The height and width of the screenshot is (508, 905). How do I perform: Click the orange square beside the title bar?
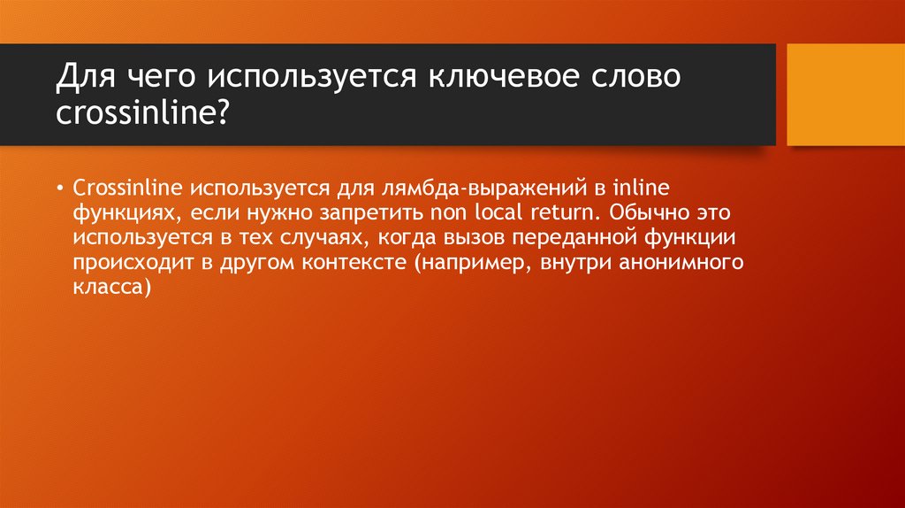point(845,94)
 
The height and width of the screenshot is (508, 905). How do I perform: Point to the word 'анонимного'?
point(688,264)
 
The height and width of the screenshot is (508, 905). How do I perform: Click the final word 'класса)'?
point(113,289)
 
